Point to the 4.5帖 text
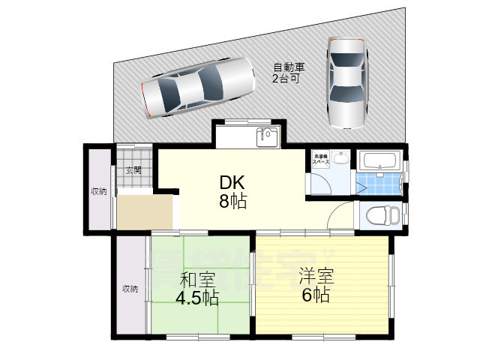[x=197, y=298]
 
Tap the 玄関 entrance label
[x=134, y=169]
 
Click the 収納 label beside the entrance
[x=99, y=191]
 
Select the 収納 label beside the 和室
[x=130, y=288]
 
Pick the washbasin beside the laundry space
[x=341, y=157]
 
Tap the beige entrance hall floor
[x=145, y=211]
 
